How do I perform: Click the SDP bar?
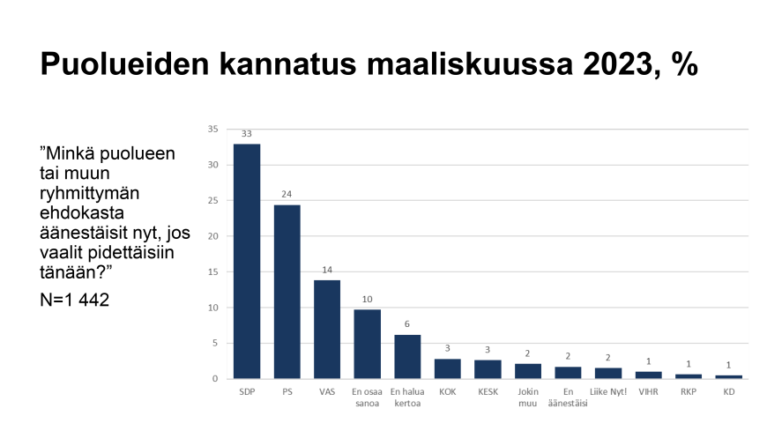246,261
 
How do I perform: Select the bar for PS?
287,292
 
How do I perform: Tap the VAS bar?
327,329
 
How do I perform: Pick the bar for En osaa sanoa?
367,344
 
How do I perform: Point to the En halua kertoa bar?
407,356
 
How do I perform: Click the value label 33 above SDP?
246,134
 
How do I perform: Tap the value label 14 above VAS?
327,270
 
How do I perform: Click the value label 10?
367,300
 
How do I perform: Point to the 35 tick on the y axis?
212,129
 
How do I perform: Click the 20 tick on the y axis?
212,236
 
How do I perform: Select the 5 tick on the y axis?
215,344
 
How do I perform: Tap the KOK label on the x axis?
447,390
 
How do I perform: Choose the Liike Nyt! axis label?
608,390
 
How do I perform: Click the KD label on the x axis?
728,390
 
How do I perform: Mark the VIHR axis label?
648,390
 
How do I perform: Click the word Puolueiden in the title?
121,63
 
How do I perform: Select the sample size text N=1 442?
75,300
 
